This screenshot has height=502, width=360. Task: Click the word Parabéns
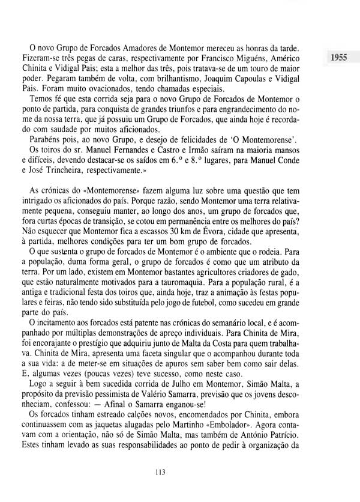click(49, 138)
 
